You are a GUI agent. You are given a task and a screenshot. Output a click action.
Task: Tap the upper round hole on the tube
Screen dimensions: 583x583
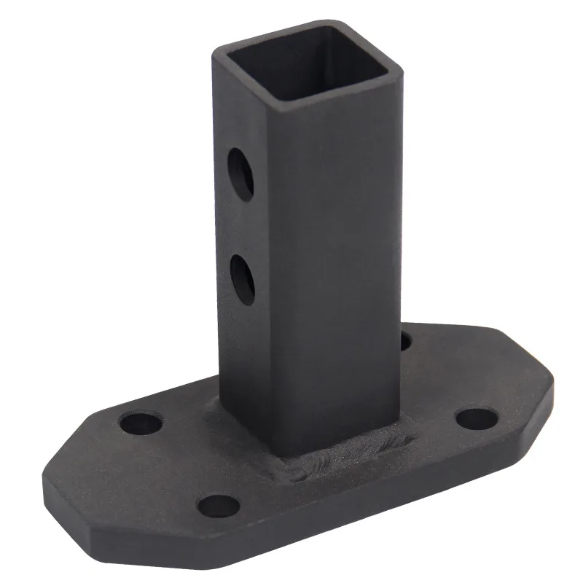(240, 173)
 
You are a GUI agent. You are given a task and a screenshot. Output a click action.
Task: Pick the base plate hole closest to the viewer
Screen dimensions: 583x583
(219, 504)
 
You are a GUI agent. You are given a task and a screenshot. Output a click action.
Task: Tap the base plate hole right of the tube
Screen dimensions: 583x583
(477, 418)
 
